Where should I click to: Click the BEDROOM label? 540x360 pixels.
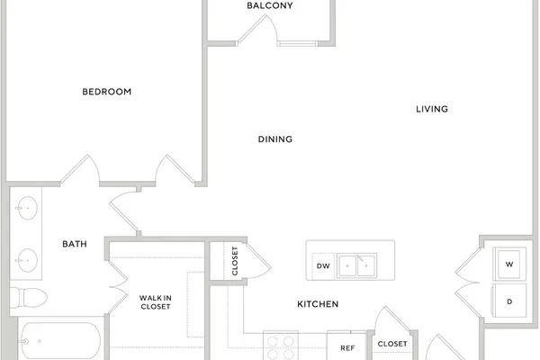tap(107, 92)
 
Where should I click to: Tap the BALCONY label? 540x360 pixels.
tap(270, 5)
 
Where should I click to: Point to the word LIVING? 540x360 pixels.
tap(432, 109)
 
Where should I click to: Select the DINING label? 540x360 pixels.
tap(275, 139)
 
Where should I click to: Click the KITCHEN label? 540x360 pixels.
tap(318, 304)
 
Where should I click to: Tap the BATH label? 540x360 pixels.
tap(75, 244)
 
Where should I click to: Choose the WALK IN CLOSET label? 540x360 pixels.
tap(156, 302)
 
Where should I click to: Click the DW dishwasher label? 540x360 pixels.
tap(323, 266)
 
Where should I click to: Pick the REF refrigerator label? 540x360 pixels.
tap(347, 348)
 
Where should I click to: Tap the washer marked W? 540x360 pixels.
tap(509, 265)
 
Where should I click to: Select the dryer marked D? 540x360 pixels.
tap(509, 301)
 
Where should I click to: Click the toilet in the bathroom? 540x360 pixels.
tap(28, 298)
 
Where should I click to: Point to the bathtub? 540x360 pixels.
tap(61, 341)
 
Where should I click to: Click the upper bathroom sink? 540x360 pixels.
tap(27, 208)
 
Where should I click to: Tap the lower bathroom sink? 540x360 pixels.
tap(27, 260)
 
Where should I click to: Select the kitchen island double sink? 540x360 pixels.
tap(356, 265)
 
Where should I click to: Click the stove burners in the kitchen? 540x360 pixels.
tap(281, 347)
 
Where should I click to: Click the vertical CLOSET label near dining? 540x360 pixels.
tap(235, 261)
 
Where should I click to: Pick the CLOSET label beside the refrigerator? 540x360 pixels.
tap(392, 344)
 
